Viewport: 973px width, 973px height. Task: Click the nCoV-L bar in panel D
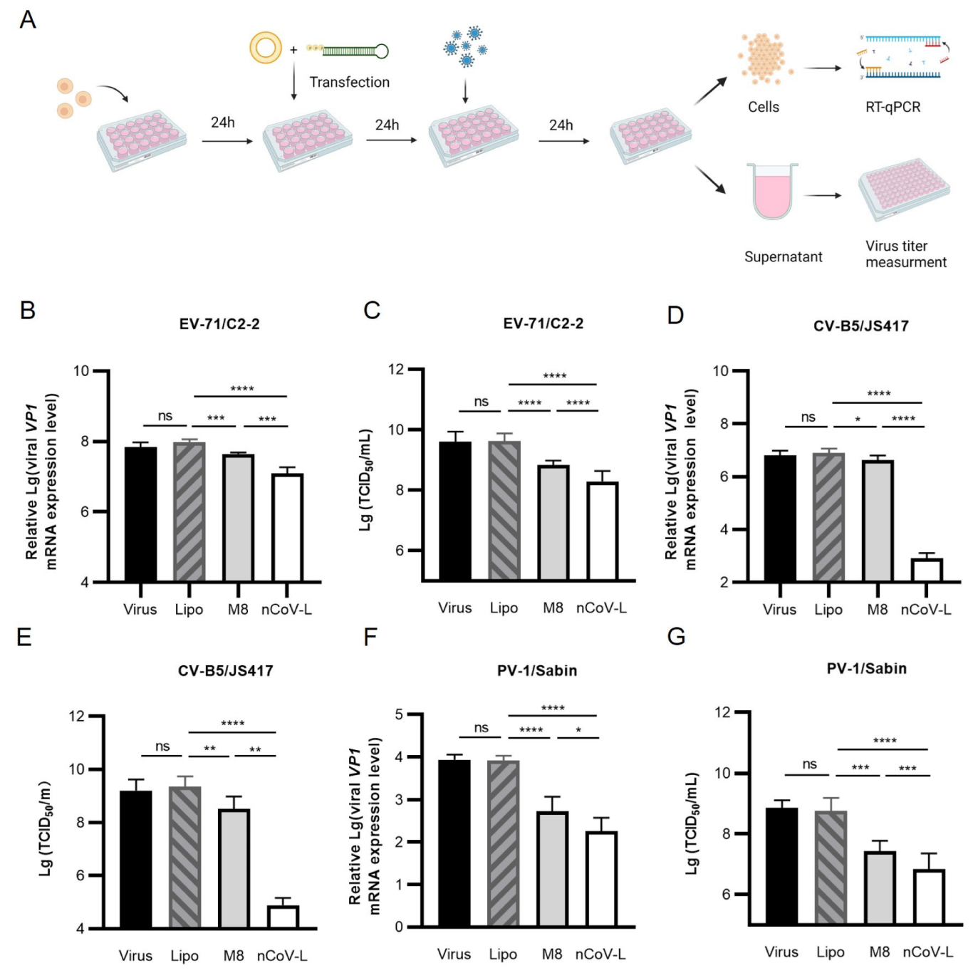click(x=926, y=570)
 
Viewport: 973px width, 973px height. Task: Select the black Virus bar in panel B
click(x=140, y=514)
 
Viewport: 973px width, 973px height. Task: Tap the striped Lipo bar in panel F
click(x=503, y=843)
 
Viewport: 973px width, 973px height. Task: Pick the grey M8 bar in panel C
click(x=553, y=523)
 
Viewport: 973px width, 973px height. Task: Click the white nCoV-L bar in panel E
click(x=283, y=917)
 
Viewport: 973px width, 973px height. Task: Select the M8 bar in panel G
click(x=879, y=888)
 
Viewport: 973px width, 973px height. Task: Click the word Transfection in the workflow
click(x=349, y=82)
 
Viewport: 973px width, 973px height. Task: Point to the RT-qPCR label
click(x=893, y=107)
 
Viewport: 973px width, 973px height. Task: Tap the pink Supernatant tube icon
click(x=772, y=191)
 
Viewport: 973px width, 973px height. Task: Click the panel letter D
click(x=675, y=314)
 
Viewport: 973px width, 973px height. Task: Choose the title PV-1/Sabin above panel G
click(x=866, y=668)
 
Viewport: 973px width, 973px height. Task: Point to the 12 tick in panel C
click(x=396, y=369)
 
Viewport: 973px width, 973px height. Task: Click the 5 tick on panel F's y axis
click(x=399, y=714)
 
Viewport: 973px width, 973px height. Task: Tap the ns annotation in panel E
click(x=162, y=746)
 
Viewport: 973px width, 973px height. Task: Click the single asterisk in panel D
click(x=857, y=419)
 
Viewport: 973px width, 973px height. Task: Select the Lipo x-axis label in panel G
click(x=830, y=952)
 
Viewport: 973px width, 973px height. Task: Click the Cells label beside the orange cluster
click(x=763, y=107)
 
